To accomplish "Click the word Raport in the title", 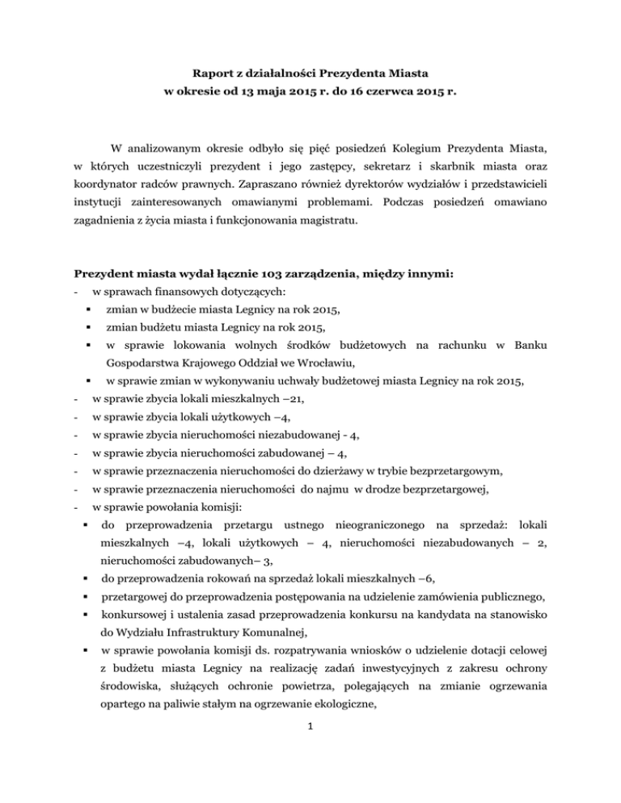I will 222,73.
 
